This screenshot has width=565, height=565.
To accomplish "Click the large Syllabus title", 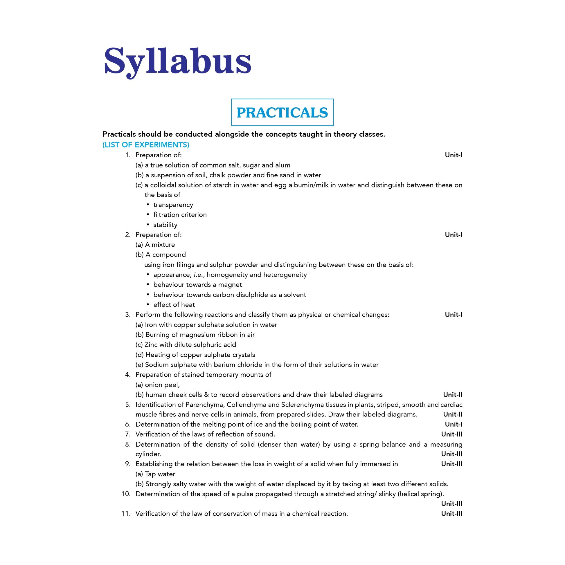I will tap(177, 62).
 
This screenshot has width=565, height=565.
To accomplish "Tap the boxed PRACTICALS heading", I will tap(282, 113).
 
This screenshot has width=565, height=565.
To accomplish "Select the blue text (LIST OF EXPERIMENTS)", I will tap(146, 145).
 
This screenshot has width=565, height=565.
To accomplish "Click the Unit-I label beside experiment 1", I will tap(453, 155).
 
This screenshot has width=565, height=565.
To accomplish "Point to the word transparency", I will tap(173, 205).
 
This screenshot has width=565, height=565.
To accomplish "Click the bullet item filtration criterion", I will tap(180, 215).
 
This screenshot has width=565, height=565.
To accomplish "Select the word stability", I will tap(165, 225).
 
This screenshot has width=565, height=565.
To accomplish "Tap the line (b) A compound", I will tap(160, 254).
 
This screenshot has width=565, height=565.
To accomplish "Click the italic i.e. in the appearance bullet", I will tap(198, 275).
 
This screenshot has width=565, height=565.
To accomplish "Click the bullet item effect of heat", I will tap(174, 304).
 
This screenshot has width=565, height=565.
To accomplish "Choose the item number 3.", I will tap(127, 315).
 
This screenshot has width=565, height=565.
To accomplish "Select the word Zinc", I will tap(151, 344).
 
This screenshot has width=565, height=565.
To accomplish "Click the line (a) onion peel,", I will tap(157, 385).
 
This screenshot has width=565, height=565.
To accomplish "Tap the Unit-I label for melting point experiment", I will tap(453, 424).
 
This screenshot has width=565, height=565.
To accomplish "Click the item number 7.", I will tap(127, 434).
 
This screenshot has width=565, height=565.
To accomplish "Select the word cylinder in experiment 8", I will tap(148, 454).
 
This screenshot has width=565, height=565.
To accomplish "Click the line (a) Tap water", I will tap(155, 474).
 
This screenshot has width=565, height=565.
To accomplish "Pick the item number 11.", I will tap(126, 514).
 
